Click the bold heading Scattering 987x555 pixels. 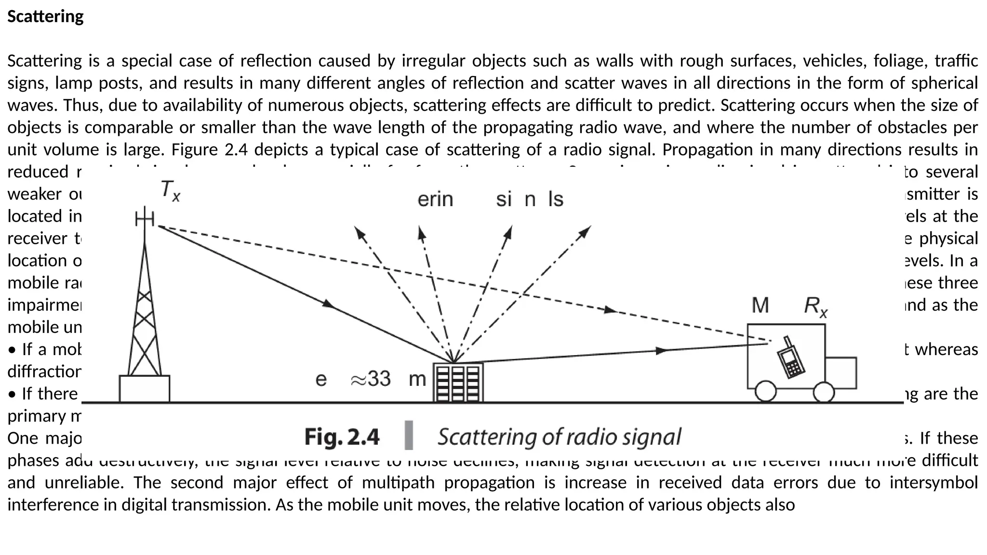45,16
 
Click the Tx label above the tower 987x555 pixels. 170,190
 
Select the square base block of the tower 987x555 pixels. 145,389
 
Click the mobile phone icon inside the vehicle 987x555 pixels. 790,357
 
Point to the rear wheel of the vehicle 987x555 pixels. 765,391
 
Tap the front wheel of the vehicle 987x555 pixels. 824,392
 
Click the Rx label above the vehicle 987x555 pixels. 815,306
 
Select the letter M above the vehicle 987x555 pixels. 760,305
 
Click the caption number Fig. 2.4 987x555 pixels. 342,437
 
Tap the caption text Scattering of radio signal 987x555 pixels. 559,437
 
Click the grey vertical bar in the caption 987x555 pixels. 409,435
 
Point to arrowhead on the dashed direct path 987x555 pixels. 611,310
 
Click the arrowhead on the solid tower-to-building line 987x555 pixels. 329,304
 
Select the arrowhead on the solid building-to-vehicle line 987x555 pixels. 663,350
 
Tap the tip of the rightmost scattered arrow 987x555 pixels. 589,227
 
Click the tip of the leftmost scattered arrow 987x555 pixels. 356,228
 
